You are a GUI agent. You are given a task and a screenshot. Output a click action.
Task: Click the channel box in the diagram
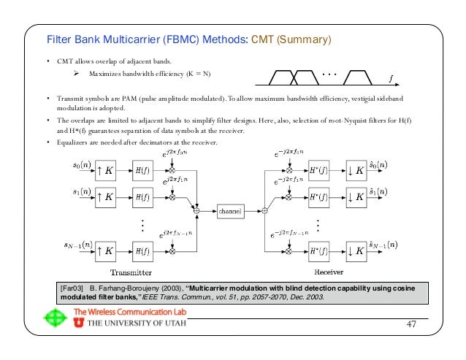tap(234, 211)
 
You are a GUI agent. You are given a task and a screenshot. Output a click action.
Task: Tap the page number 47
tap(411, 323)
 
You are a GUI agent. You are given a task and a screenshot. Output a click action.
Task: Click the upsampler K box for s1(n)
tap(104, 196)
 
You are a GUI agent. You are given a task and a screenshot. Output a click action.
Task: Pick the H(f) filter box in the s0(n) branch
tap(141, 169)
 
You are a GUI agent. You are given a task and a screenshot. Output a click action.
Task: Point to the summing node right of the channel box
tap(265, 211)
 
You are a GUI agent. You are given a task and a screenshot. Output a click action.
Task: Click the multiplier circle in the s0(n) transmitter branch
tap(173, 169)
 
